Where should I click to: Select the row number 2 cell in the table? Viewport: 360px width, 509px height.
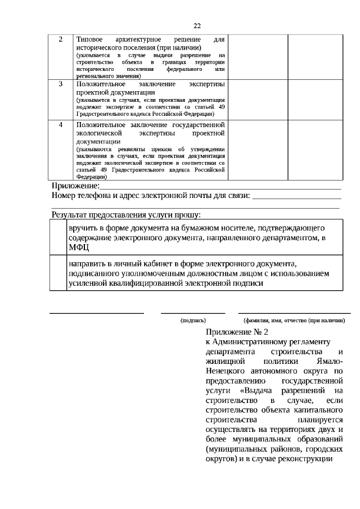coord(61,40)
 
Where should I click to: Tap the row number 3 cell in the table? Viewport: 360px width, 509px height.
coord(61,84)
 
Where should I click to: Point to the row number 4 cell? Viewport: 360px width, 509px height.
coord(61,124)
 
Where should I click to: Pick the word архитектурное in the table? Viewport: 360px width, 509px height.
coord(139,40)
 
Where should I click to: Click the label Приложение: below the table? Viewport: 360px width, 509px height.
coord(75,186)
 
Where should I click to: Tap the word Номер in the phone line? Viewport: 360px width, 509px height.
coord(64,196)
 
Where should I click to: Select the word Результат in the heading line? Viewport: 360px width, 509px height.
coord(71,214)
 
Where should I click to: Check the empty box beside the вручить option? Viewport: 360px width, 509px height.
coord(58,237)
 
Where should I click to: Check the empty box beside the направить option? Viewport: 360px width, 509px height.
coord(58,273)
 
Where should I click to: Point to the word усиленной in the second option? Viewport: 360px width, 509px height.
coord(89,283)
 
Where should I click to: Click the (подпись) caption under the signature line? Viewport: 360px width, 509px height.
coord(193,319)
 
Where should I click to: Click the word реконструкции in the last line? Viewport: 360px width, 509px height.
coord(308,458)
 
